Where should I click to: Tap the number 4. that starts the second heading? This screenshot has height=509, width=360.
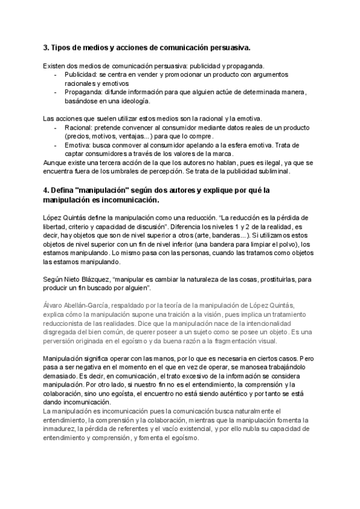click(x=47, y=190)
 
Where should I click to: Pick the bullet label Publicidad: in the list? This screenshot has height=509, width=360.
click(x=83, y=74)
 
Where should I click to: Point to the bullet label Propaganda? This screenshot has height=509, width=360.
click(x=86, y=92)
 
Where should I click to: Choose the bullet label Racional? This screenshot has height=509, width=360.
click(x=80, y=128)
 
